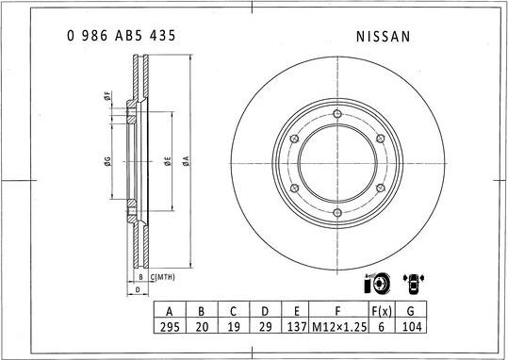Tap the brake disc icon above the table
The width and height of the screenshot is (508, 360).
(373, 284)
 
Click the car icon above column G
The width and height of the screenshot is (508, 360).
(412, 282)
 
